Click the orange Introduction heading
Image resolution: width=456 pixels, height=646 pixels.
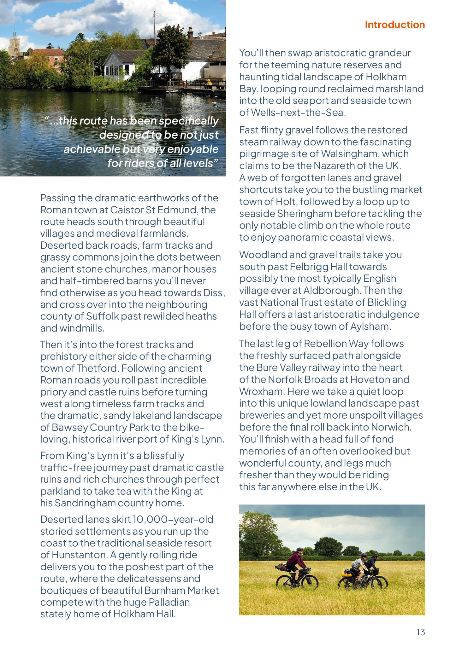coord(394,25)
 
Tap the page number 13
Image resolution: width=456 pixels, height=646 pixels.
coord(421,632)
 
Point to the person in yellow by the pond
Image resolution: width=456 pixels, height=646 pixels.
coord(209,84)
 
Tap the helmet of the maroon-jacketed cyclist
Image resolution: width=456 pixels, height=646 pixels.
coord(299,549)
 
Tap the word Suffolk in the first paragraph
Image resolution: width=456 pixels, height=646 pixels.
coord(102,316)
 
